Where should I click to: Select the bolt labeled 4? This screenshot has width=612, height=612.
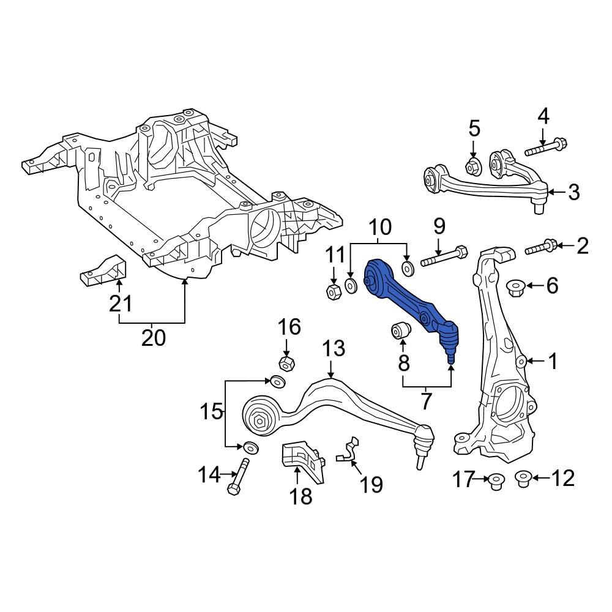click(545, 147)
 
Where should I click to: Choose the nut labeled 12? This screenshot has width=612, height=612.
click(522, 477)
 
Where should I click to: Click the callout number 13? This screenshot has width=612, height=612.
click(334, 349)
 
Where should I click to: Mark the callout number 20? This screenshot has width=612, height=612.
click(152, 337)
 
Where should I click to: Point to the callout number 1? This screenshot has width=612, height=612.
click(553, 362)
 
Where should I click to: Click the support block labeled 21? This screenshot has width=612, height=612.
click(102, 269)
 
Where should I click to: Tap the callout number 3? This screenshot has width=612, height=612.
click(573, 192)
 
